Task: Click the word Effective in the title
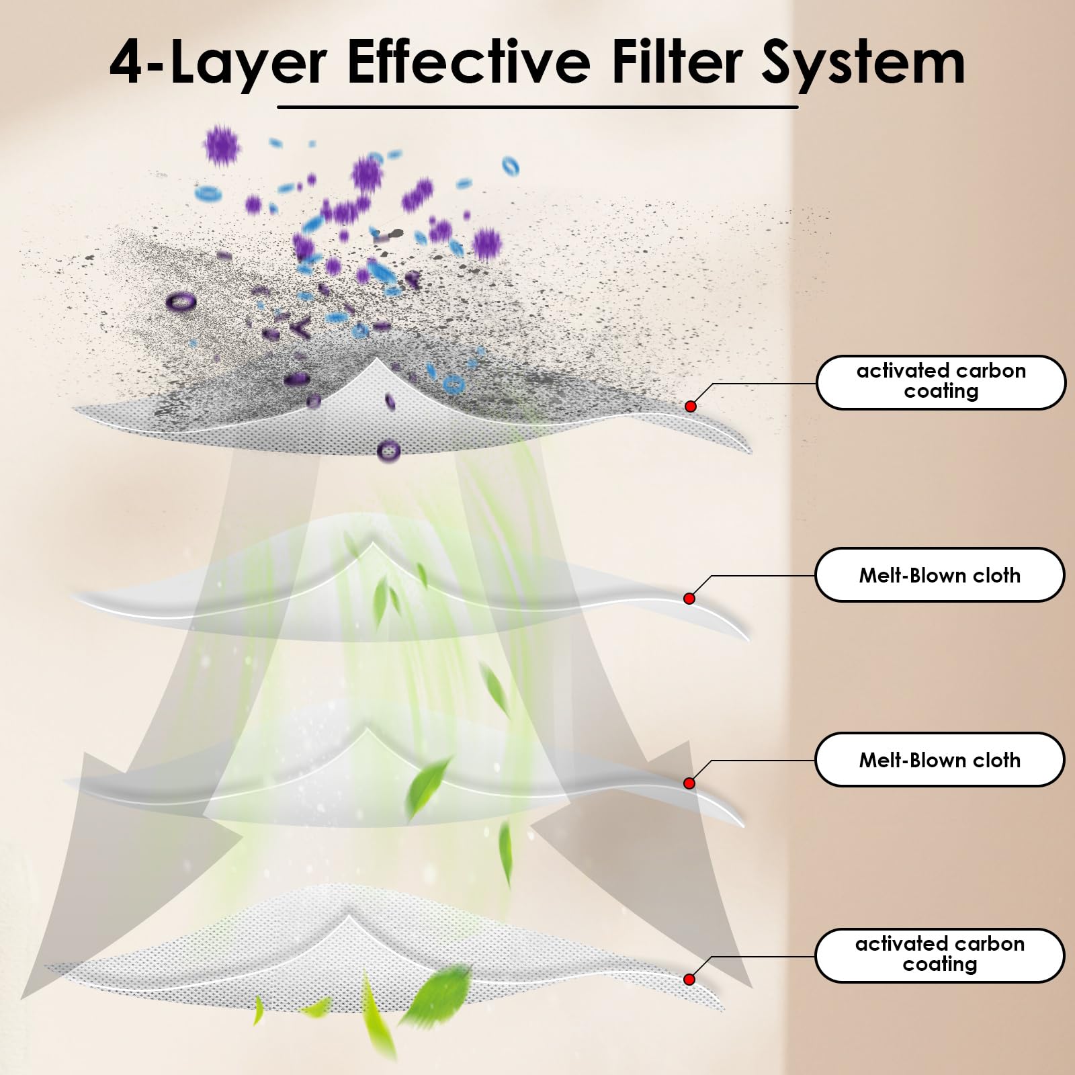[468, 62]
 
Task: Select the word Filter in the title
[675, 62]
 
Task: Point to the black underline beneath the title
[537, 107]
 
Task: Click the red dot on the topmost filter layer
[691, 406]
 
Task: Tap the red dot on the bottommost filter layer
[689, 980]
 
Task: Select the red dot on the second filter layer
[689, 598]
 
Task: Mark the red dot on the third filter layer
[689, 783]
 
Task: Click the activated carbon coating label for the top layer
[941, 382]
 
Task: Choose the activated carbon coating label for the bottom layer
[940, 955]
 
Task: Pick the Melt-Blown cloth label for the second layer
[940, 575]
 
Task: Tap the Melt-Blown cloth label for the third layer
[940, 760]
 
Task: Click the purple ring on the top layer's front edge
[388, 450]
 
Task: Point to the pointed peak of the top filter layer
[376, 360]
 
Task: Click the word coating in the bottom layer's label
[940, 965]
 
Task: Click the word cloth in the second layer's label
[996, 575]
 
